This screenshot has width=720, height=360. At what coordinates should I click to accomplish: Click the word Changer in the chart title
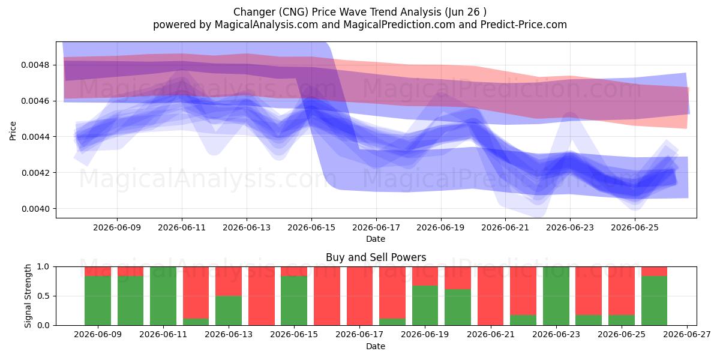(254, 12)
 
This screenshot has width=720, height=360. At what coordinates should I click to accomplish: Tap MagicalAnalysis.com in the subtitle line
(266, 25)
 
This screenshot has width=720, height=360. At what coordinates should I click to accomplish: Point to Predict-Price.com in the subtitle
(524, 25)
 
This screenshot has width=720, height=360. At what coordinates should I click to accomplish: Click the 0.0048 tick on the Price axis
(35, 65)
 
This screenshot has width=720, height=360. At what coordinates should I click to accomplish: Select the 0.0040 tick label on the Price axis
(35, 209)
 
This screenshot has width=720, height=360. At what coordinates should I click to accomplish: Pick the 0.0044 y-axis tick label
(35, 137)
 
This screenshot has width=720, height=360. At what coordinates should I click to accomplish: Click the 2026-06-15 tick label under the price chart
(311, 227)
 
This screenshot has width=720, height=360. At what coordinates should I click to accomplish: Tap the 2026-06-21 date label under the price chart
(505, 227)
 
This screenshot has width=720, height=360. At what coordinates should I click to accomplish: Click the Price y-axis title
(13, 131)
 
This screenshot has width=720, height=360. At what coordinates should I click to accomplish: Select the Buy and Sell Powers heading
(376, 257)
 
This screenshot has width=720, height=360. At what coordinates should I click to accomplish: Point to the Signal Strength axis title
(28, 296)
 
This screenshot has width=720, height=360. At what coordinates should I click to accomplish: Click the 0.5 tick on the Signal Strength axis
(43, 296)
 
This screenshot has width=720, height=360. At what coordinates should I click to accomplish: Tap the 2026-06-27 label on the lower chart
(687, 334)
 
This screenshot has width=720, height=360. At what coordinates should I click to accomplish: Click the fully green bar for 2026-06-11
(163, 296)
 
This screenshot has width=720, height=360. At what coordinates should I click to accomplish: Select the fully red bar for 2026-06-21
(491, 296)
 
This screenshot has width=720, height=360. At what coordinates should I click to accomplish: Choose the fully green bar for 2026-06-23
(556, 296)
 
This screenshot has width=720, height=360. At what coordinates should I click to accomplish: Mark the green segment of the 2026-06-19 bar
(425, 305)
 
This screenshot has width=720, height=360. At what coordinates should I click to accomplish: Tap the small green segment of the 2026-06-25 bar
(622, 320)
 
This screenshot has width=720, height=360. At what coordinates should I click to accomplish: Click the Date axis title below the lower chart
(376, 346)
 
